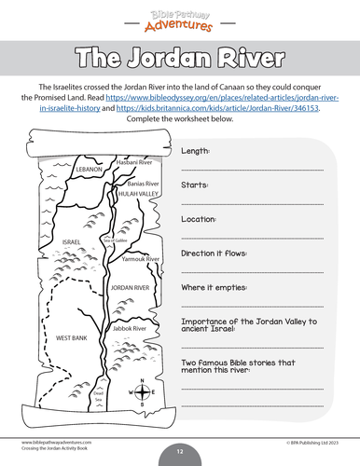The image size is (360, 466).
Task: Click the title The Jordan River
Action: (x=179, y=57)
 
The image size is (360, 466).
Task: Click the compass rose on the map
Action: (x=141, y=392)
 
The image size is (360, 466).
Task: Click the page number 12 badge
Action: (x=180, y=451)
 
